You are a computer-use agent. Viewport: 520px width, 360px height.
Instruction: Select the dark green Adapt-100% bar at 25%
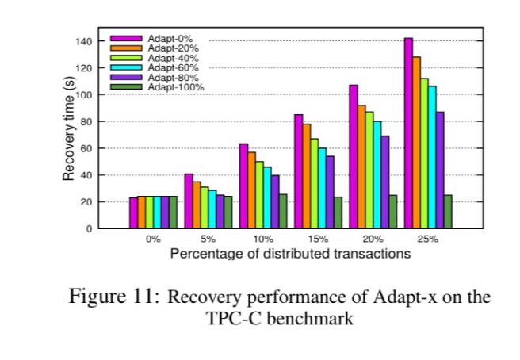tap(447, 212)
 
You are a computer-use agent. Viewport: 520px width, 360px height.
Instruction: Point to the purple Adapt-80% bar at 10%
tap(275, 201)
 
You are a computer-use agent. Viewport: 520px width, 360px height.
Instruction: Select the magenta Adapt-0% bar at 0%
tap(133, 213)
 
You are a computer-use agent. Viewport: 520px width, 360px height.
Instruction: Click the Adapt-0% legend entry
tap(174, 38)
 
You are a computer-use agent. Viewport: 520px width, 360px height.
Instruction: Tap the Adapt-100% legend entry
tap(179, 86)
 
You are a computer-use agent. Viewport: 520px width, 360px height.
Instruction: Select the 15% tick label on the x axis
tap(318, 239)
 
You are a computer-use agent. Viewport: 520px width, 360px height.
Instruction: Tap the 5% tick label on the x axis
tap(208, 239)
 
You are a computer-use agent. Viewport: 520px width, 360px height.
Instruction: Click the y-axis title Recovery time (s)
tap(69, 127)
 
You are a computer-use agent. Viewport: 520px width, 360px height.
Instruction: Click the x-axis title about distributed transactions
tap(290, 254)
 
